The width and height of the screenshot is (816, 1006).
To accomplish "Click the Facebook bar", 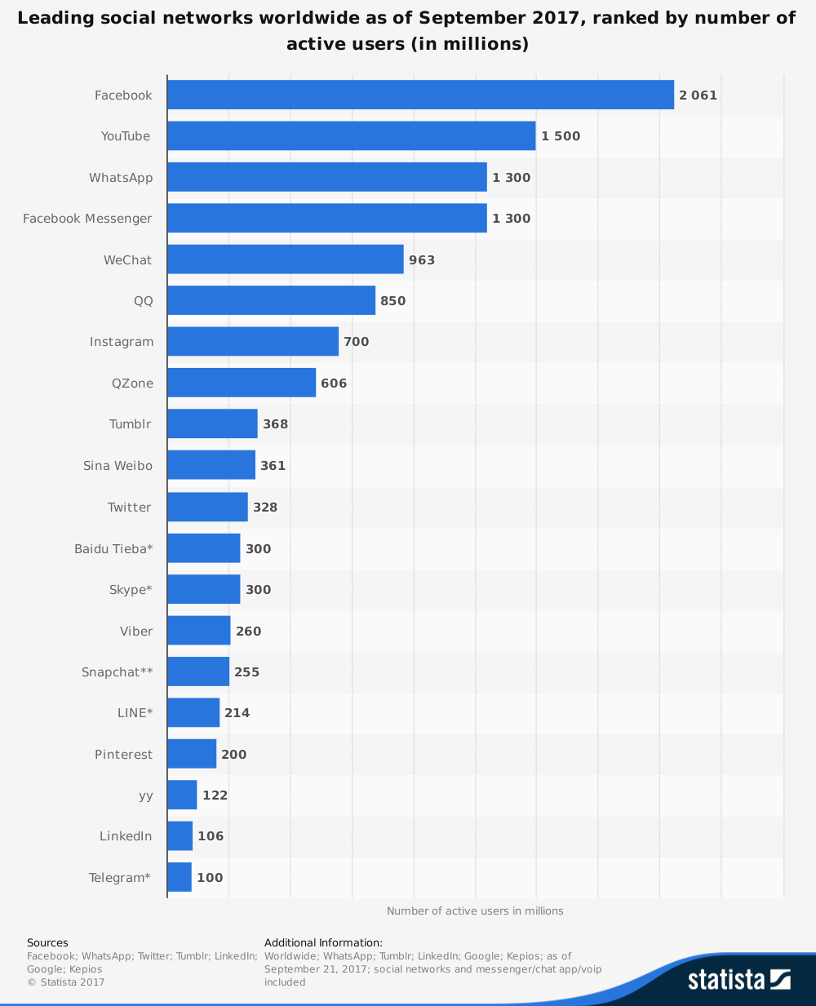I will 420,95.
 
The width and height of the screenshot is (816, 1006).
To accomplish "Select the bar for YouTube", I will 351,136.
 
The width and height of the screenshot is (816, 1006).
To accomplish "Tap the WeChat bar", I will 285,259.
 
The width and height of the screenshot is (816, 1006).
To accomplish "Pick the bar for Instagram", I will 252,341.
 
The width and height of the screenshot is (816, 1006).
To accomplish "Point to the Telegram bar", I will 180,877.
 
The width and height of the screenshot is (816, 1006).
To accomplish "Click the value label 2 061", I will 698,95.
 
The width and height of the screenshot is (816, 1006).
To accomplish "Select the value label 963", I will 422,260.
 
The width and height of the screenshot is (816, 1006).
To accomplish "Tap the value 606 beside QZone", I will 334,383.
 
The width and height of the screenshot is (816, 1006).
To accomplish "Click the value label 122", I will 215,795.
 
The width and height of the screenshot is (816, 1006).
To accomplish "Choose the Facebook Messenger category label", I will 87,219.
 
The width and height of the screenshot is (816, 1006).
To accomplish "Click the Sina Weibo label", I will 118,466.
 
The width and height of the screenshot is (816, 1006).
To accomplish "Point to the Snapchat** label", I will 117,672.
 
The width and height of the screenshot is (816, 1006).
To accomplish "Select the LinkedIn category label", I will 126,836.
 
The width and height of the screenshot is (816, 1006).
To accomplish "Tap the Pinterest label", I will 123,755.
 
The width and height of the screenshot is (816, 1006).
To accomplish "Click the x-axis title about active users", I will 475,911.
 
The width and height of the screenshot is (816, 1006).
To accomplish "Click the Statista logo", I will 738,979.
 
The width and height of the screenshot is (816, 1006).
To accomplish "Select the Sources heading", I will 47,943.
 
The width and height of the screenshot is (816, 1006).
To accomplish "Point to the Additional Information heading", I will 323,943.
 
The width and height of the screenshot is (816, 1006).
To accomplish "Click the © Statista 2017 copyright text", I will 66,982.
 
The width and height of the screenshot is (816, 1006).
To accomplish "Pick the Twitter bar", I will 207,507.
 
